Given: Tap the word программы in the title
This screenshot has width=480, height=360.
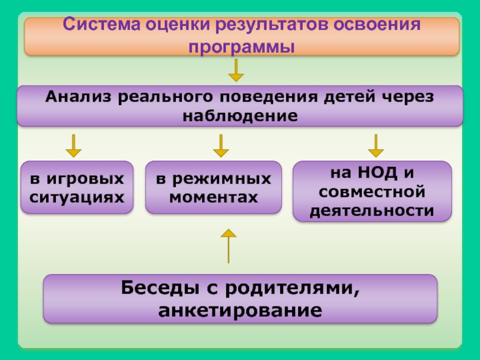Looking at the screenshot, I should pos(242,46).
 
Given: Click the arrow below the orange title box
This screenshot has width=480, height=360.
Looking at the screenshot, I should pos(236,70).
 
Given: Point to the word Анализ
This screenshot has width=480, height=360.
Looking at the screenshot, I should pos(79,96).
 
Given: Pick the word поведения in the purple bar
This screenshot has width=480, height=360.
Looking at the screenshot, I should pos(265,96).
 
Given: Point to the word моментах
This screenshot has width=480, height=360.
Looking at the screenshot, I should pos(214,196).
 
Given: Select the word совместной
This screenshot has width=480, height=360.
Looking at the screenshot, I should pos(372,192).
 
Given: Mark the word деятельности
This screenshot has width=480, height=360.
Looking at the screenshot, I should pos(372,210).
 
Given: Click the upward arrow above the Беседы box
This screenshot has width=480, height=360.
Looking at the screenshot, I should pos(229,245).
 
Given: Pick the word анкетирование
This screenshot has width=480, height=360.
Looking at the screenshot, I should pos(240,311).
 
